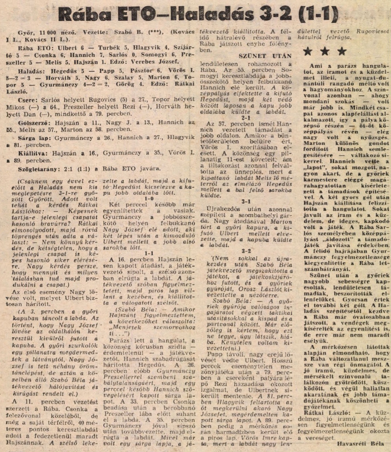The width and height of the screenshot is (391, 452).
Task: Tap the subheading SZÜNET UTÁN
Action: point(265,56)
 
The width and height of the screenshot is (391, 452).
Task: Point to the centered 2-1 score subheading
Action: point(246,118)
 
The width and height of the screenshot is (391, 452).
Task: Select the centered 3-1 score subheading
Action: point(246,202)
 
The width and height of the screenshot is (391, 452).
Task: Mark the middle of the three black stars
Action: point(325,51)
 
